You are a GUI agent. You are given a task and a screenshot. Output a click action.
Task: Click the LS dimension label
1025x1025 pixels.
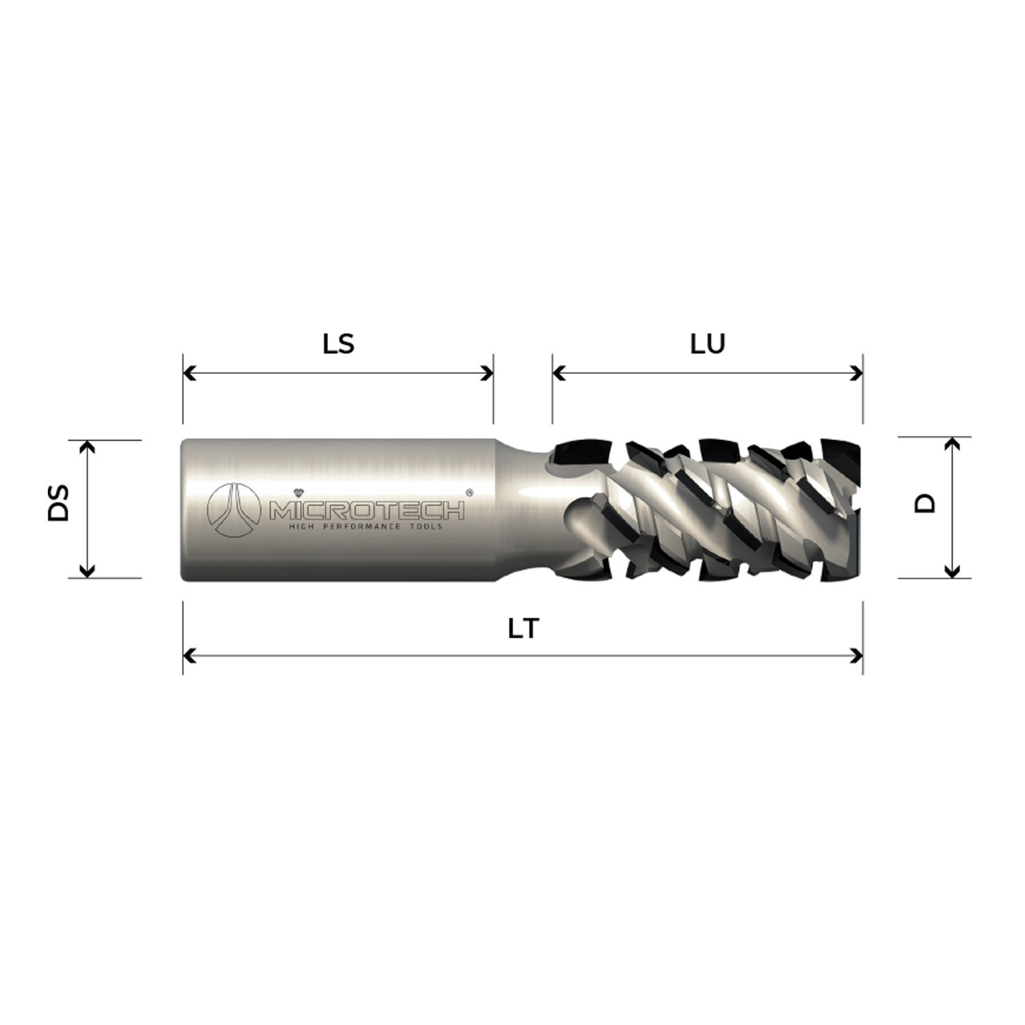click(x=338, y=344)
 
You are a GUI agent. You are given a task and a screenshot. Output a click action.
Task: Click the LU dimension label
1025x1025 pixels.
click(x=707, y=344)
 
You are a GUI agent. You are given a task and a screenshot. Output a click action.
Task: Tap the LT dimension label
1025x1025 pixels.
click(x=523, y=628)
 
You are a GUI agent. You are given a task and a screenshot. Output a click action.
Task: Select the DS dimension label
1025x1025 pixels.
click(x=59, y=503)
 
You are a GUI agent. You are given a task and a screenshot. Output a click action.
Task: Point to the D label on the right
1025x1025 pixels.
click(x=925, y=504)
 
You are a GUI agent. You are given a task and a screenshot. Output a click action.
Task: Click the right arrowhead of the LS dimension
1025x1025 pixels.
click(x=487, y=373)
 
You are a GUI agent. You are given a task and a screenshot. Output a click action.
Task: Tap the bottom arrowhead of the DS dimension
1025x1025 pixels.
click(x=87, y=571)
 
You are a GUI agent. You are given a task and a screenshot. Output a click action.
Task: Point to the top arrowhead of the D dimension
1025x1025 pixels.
click(x=952, y=444)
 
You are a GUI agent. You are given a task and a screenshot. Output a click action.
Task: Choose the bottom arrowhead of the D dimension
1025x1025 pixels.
click(x=952, y=571)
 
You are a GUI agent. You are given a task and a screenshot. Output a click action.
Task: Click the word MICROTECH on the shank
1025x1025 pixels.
click(x=367, y=510)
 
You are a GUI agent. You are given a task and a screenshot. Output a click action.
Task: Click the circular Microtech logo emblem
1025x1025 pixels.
click(x=234, y=509)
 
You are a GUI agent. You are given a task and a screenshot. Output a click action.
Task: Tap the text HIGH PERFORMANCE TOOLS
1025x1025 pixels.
click(x=366, y=526)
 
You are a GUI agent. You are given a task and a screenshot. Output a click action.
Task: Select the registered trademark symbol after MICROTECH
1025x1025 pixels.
click(x=469, y=491)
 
